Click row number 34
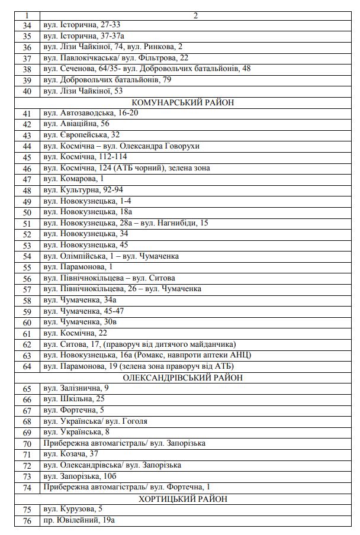coord(27,25)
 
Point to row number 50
coord(27,212)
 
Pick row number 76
coord(27,520)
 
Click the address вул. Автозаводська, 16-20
coord(91,113)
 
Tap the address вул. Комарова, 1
coord(73,179)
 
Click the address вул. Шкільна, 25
coord(74,399)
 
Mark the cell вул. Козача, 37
coord(71,454)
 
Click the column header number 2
coord(195,15)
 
